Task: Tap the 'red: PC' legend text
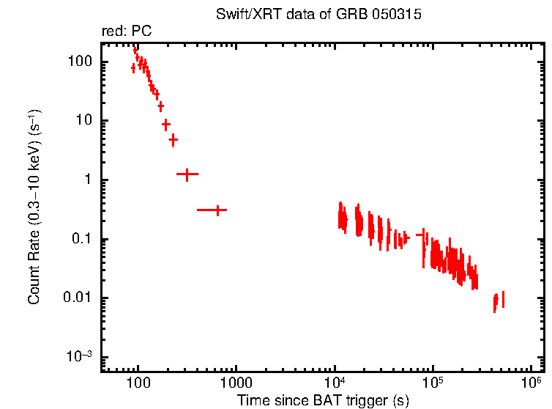(126, 32)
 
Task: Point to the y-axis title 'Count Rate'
(34, 208)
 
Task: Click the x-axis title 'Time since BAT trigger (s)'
(322, 400)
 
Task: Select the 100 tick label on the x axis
(138, 383)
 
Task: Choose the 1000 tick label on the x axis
(236, 383)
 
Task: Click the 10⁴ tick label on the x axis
(335, 383)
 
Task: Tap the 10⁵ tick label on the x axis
(433, 383)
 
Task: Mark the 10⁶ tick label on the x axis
(532, 383)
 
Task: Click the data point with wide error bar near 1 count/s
(187, 174)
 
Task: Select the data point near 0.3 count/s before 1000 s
(217, 210)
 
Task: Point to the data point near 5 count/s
(174, 139)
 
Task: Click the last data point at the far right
(503, 299)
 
